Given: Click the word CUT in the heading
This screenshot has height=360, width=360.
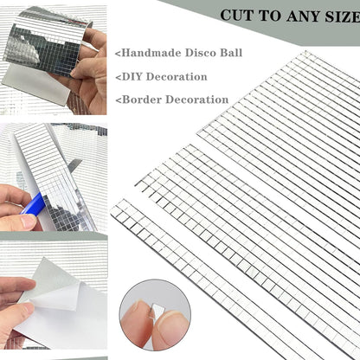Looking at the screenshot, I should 238,16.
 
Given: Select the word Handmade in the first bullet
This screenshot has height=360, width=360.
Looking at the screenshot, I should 150,53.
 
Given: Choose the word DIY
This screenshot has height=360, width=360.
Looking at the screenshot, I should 132,76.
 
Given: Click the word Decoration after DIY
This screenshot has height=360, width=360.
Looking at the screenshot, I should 181,76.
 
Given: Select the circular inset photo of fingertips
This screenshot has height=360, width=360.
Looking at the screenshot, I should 154,311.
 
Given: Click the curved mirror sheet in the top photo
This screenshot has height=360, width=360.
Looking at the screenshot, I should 48,39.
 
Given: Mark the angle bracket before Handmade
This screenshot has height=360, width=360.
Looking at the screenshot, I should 117,54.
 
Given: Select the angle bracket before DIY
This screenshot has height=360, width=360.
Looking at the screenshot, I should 117,77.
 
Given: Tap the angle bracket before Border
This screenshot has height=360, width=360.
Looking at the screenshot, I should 117,100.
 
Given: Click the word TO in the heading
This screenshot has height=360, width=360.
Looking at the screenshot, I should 270,16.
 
